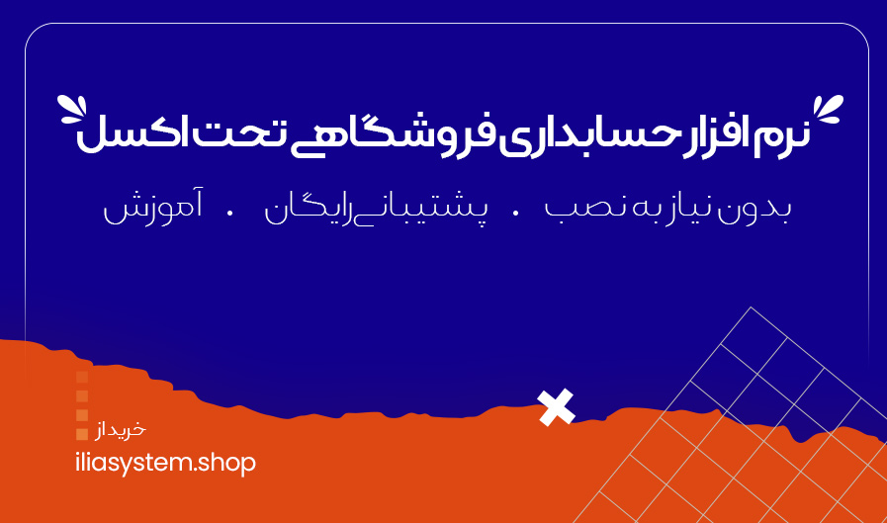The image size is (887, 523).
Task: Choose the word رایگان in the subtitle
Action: click(302, 212)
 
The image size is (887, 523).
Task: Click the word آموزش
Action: click(137, 212)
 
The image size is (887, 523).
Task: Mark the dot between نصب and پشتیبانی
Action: click(514, 212)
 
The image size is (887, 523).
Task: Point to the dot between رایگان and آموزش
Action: click(230, 212)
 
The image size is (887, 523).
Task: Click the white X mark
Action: click(556, 406)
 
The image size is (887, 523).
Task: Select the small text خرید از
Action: click(121, 430)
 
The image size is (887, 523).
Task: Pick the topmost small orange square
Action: click(82, 377)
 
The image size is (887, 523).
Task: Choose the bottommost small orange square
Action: click(82, 433)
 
